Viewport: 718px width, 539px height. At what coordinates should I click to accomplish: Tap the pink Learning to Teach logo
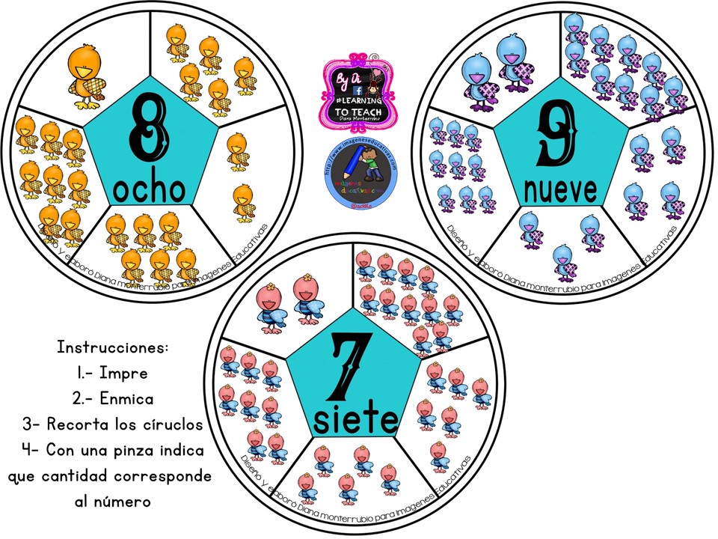pyautogui.click(x=358, y=91)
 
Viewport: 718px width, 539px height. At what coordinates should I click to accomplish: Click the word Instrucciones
pyautogui.click(x=113, y=348)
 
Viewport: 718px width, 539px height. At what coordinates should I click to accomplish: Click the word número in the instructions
pyautogui.click(x=121, y=501)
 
